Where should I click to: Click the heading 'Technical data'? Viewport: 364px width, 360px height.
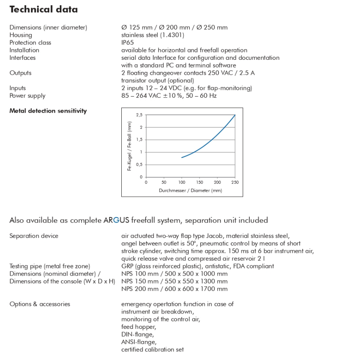pyautogui.click(x=44, y=9)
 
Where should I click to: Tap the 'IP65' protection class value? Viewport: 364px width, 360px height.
pyautogui.click(x=128, y=42)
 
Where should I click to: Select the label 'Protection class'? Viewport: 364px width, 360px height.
pyautogui.click(x=30, y=42)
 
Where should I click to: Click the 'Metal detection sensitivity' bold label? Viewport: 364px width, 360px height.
pyautogui.click(x=48, y=111)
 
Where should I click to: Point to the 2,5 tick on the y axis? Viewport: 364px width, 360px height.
pyautogui.click(x=139, y=115)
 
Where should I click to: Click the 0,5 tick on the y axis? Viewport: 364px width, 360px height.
pyautogui.click(x=139, y=164)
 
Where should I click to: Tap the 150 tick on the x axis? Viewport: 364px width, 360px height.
pyautogui.click(x=199, y=182)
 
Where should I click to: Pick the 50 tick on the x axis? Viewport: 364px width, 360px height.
pyautogui.click(x=164, y=182)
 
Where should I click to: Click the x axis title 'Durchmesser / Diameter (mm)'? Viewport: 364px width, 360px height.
pyautogui.click(x=190, y=190)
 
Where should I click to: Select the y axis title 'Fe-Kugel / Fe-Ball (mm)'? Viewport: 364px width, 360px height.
pyautogui.click(x=129, y=146)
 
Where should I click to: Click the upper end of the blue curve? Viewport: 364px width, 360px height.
pyautogui.click(x=235, y=115)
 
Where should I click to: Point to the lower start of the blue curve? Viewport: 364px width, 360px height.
pyautogui.click(x=182, y=157)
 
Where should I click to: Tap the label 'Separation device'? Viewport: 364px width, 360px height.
pyautogui.click(x=34, y=236)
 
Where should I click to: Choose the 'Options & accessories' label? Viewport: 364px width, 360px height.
pyautogui.click(x=40, y=304)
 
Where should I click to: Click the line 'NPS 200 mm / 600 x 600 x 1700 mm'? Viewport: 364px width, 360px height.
pyautogui.click(x=174, y=289)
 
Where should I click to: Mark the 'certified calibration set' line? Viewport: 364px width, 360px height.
pyautogui.click(x=152, y=349)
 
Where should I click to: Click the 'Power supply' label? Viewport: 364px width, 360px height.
pyautogui.click(x=28, y=96)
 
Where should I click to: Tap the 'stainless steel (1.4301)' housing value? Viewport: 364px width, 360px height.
pyautogui.click(x=153, y=35)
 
